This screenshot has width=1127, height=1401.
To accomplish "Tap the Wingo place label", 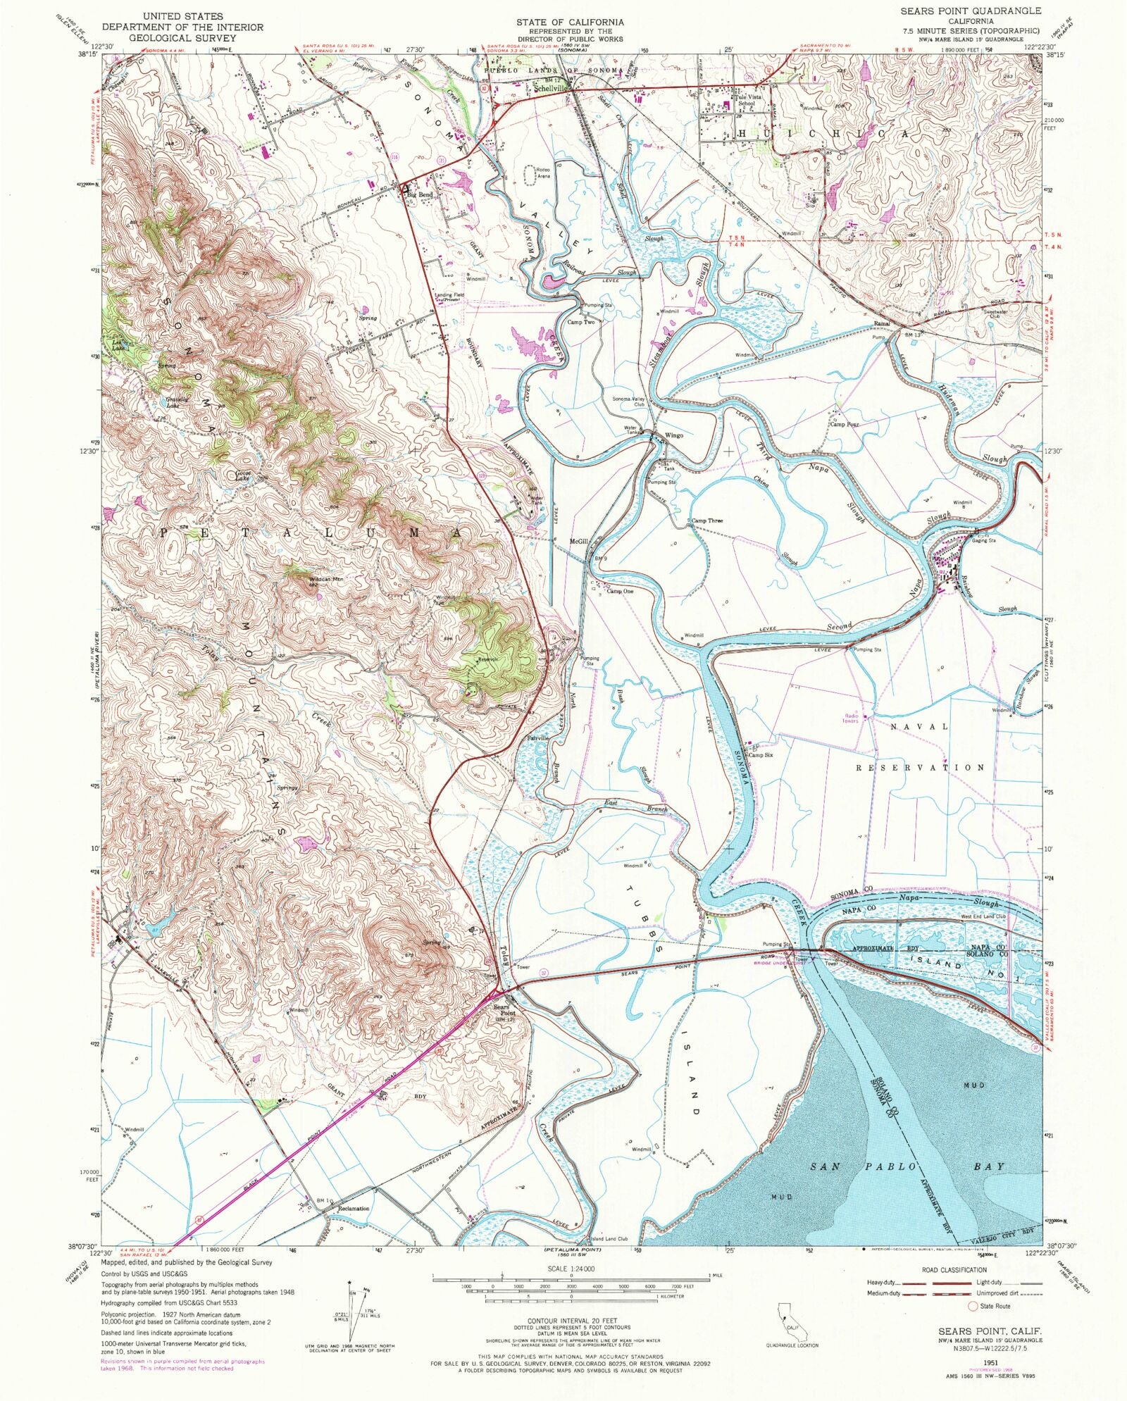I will (674, 435).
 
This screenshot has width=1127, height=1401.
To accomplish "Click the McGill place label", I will (578, 542).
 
